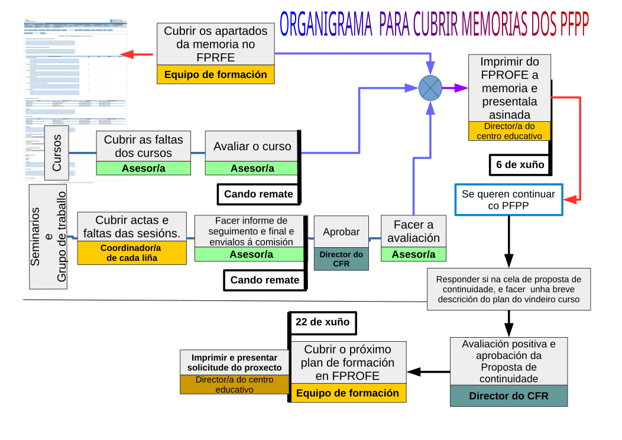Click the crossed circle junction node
point(430,88)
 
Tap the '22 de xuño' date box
point(322,323)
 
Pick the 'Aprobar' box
point(341,232)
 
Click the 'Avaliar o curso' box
point(252,147)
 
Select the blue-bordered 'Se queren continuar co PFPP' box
point(508,200)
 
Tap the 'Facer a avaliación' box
point(413,232)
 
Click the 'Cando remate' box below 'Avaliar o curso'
point(258,194)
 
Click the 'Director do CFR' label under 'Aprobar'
point(341,259)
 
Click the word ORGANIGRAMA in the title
point(326,25)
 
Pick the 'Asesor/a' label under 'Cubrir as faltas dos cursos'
point(144,168)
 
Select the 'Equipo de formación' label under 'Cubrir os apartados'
point(215,75)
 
